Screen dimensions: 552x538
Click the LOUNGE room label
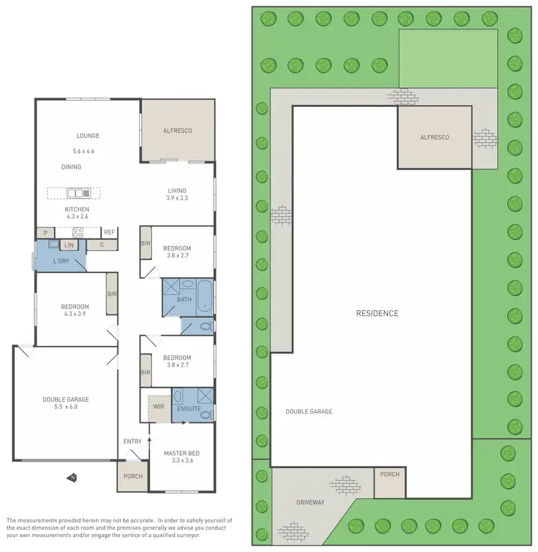(x=88, y=136)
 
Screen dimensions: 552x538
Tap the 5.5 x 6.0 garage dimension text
(x=66, y=406)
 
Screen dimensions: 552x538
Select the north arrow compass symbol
(x=72, y=477)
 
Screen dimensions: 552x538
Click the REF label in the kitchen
(x=109, y=233)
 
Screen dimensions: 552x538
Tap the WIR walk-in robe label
(x=159, y=407)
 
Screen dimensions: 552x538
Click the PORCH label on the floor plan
(x=133, y=476)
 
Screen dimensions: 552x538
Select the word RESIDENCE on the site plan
(x=377, y=314)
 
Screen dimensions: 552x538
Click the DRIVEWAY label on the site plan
(x=310, y=502)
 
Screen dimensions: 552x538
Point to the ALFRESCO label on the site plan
(x=434, y=137)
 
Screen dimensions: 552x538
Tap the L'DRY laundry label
(x=62, y=260)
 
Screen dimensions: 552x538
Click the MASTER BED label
(x=181, y=453)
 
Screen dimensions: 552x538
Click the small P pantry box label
(x=46, y=233)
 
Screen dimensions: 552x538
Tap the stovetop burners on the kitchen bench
(x=77, y=233)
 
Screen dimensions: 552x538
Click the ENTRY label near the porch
(x=133, y=441)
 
